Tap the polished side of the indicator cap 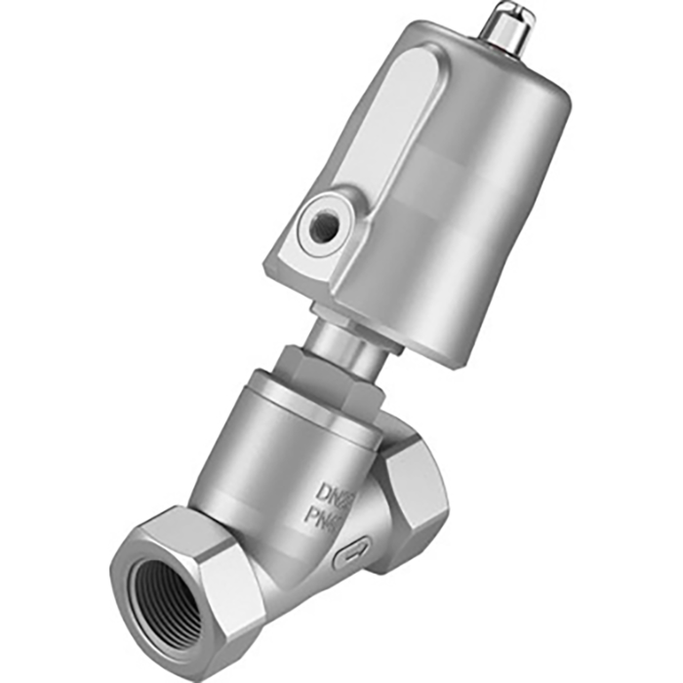[x=502, y=34]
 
